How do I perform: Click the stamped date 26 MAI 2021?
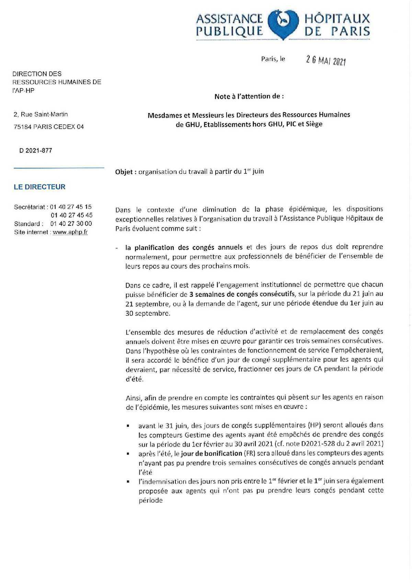click(325, 61)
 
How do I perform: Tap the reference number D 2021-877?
click(36, 150)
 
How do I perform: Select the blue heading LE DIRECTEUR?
click(39, 187)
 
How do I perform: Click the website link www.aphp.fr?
click(70, 232)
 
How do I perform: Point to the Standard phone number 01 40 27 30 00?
click(71, 224)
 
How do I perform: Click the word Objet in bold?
click(124, 171)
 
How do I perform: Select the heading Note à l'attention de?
click(249, 97)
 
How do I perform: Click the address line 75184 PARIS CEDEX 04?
click(48, 127)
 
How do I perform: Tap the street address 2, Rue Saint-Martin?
click(41, 114)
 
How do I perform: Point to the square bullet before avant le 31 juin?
click(128, 426)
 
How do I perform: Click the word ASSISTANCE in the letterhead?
click(229, 19)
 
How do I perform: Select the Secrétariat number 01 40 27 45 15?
click(71, 207)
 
